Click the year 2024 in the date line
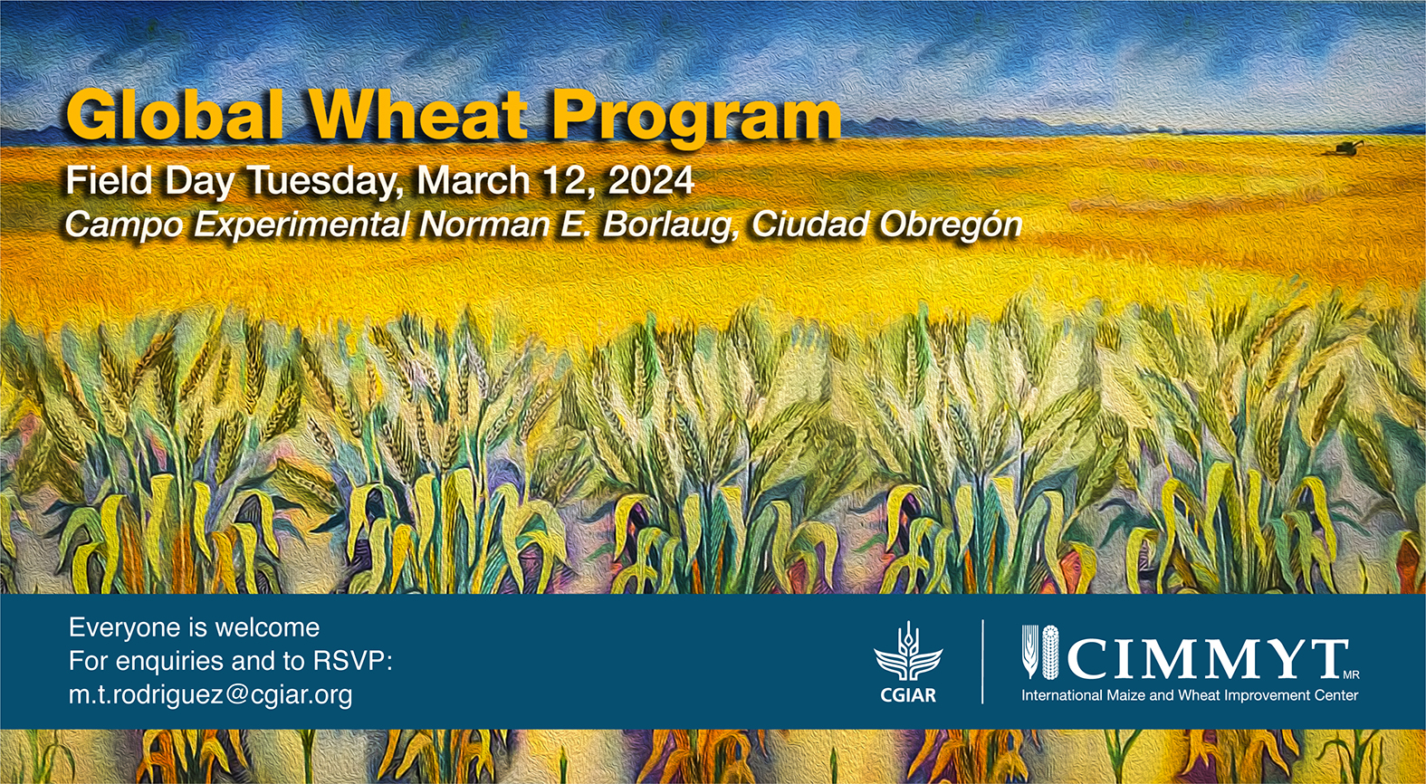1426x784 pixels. [x=651, y=180]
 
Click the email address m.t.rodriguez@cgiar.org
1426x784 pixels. [x=211, y=694]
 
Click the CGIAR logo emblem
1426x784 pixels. [x=908, y=652]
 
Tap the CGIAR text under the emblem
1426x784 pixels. [x=908, y=695]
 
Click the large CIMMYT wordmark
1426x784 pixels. [x=1207, y=659]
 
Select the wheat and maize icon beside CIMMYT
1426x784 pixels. [x=1040, y=651]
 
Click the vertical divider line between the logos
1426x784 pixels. [x=983, y=662]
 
